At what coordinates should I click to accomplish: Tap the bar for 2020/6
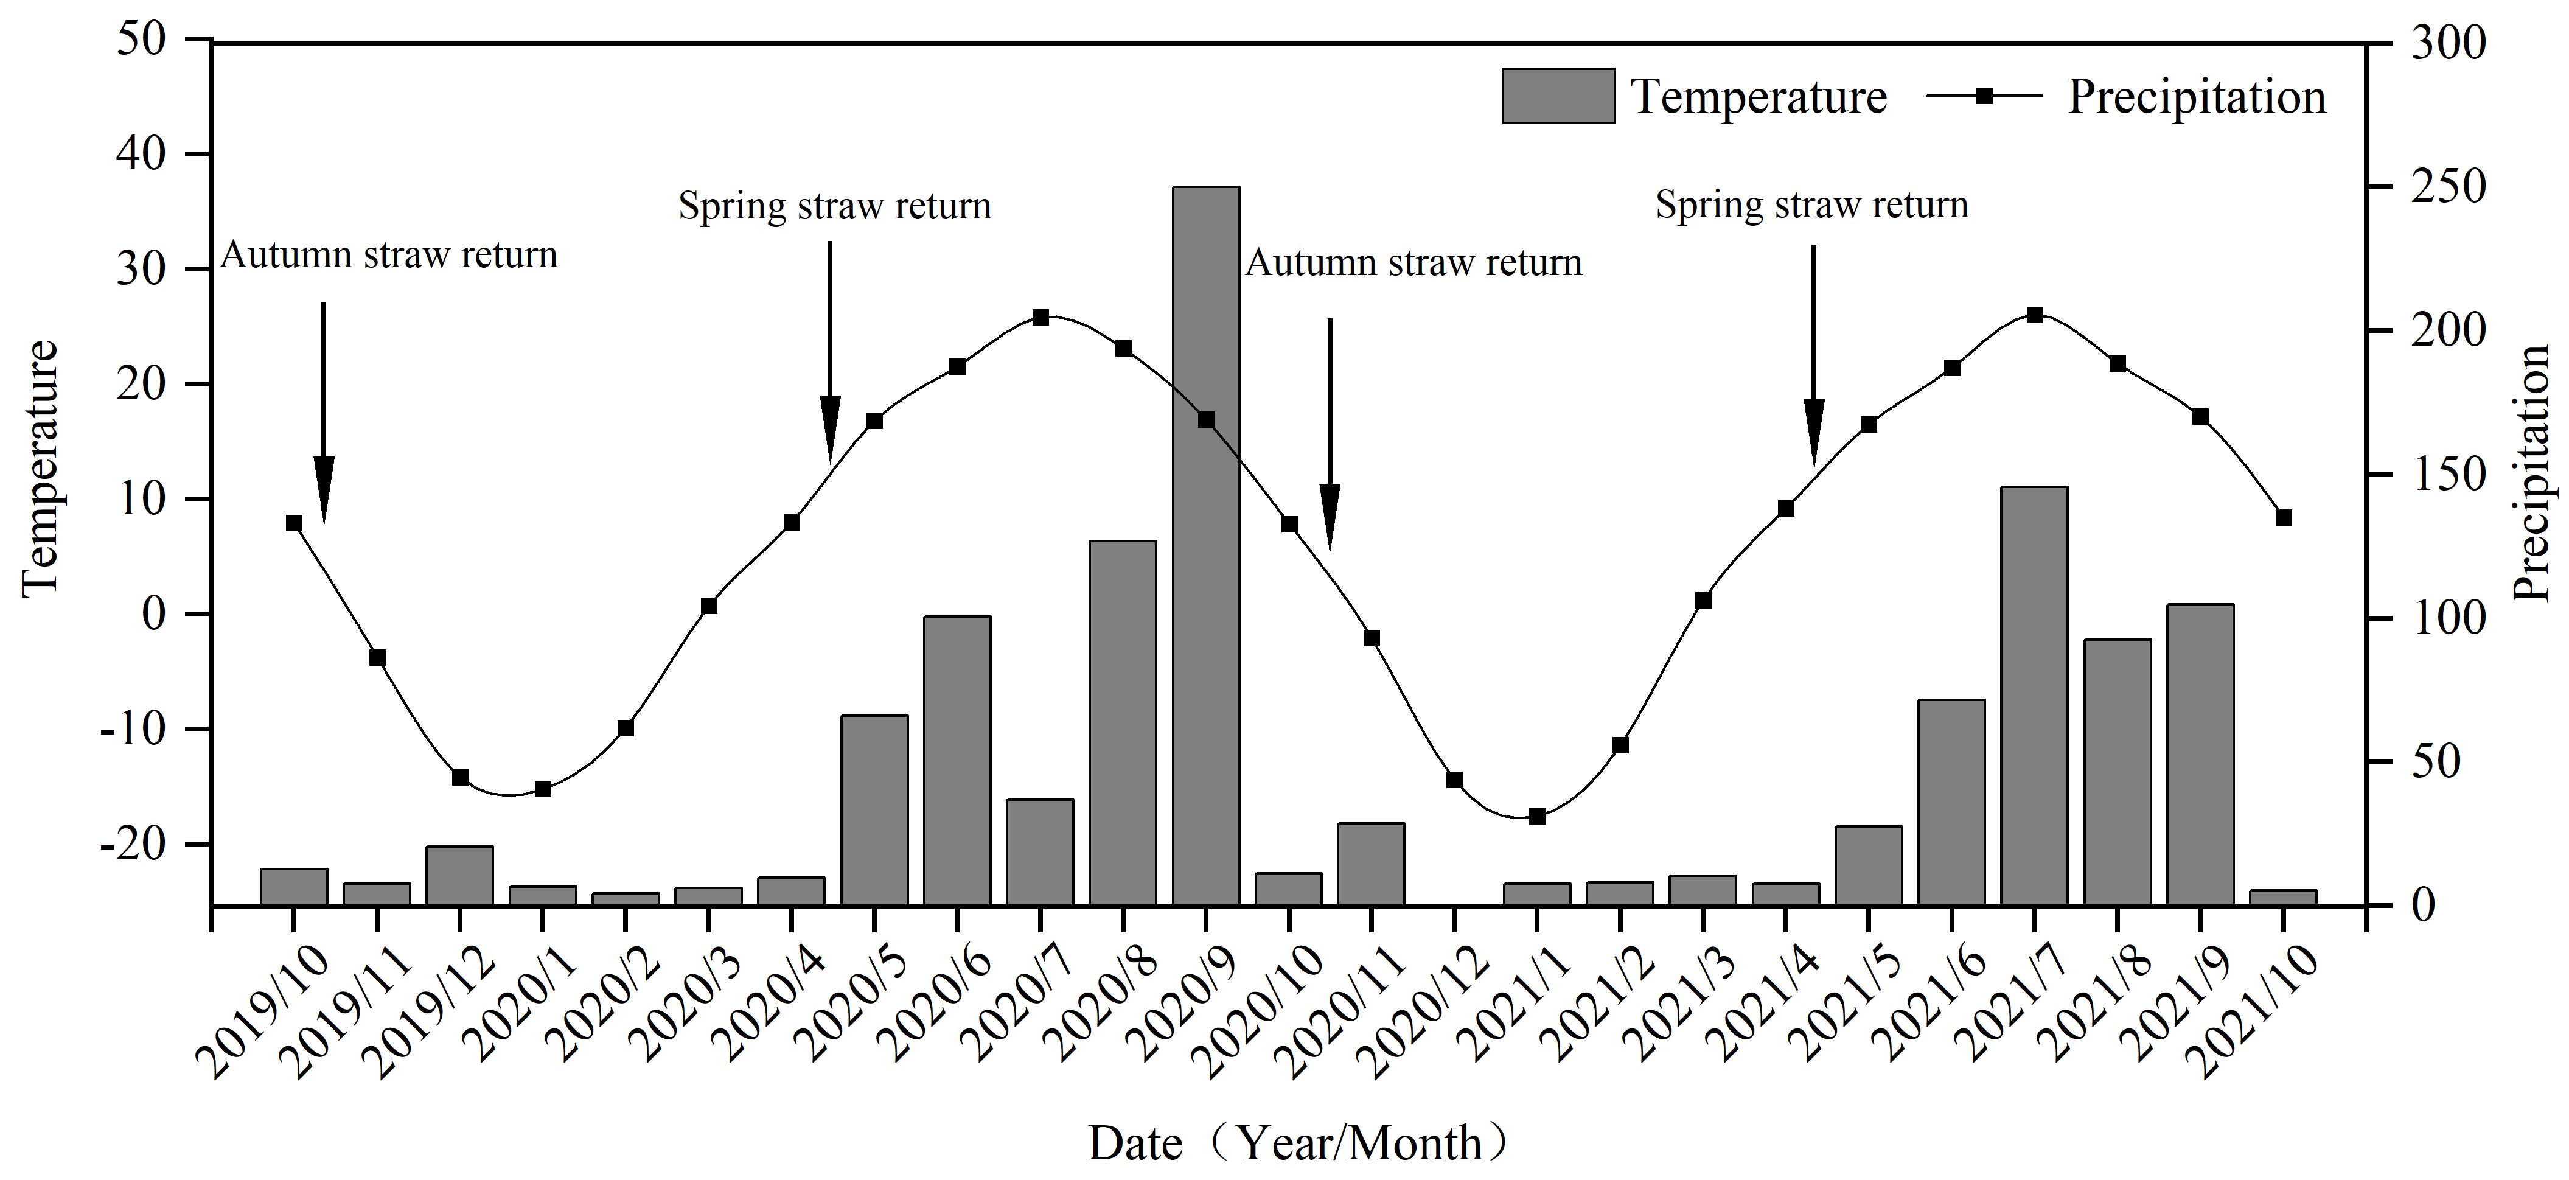tap(957, 760)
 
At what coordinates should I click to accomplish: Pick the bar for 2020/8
tap(1123, 722)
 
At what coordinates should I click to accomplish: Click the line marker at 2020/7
tap(1040, 317)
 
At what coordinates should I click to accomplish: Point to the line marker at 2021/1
tap(1537, 816)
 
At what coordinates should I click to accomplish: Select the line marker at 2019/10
tap(294, 523)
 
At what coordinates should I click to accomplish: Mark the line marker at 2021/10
tap(2284, 517)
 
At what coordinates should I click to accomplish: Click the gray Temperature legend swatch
tap(1558, 96)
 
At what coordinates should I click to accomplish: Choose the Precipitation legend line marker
tap(1985, 96)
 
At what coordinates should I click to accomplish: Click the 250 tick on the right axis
tap(2449, 187)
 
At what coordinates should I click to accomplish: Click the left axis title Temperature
tap(40, 469)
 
